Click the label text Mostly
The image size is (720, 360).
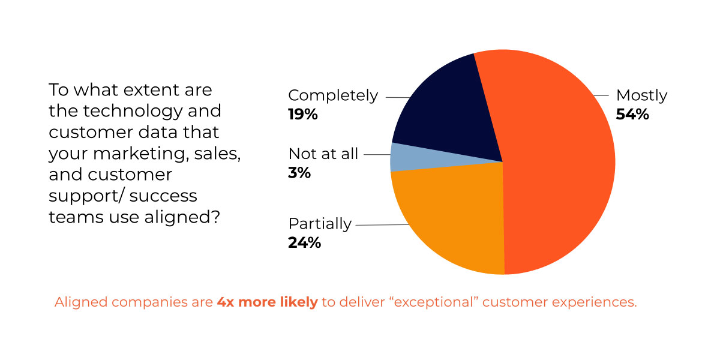click(x=641, y=95)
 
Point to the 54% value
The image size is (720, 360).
click(x=632, y=115)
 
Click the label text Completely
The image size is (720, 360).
click(x=333, y=95)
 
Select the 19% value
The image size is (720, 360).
click(x=303, y=115)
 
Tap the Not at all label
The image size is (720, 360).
click(x=323, y=154)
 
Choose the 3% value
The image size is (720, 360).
click(x=299, y=173)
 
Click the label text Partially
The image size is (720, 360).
click(x=320, y=224)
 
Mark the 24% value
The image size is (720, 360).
click(x=304, y=243)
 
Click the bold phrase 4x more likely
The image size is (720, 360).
click(x=267, y=302)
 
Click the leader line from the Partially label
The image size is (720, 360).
click(x=381, y=225)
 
